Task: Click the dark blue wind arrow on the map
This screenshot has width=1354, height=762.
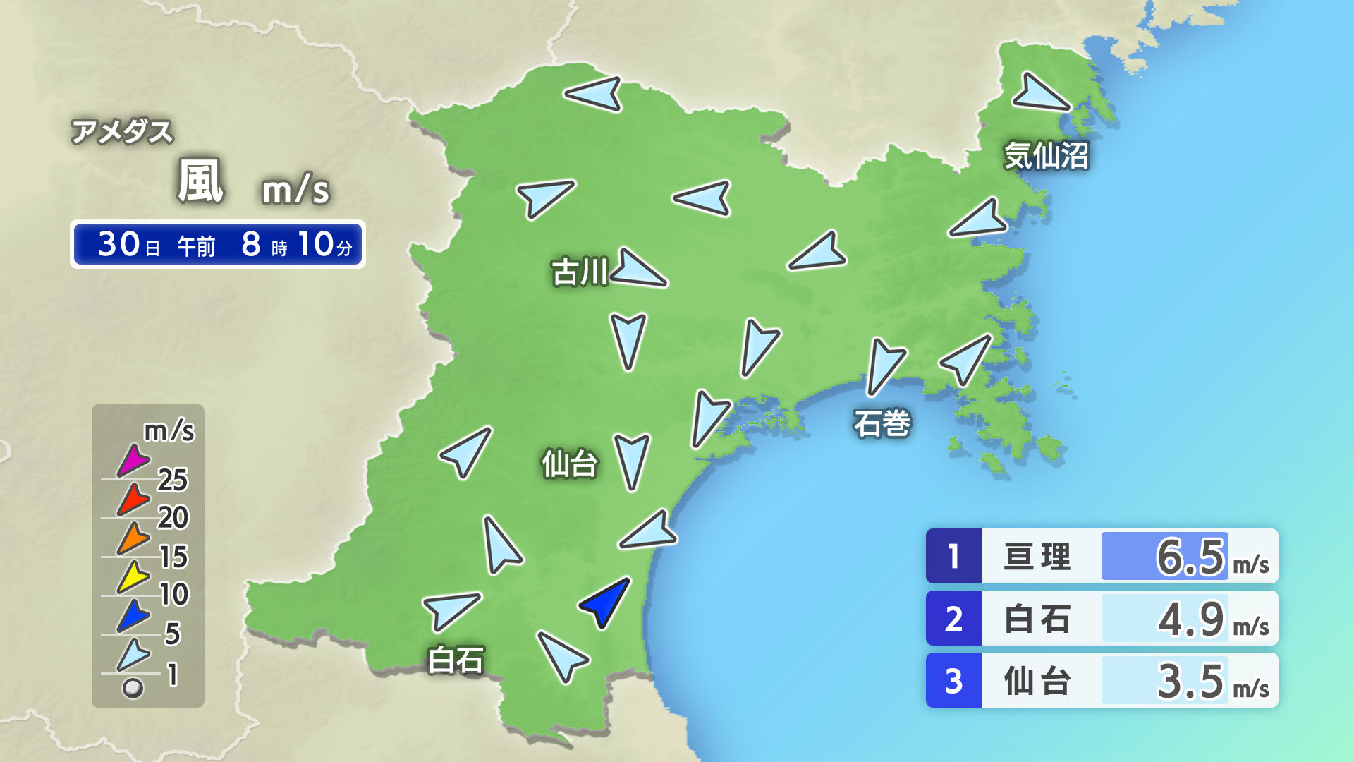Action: click(605, 601)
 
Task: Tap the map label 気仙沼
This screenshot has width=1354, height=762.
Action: click(1047, 156)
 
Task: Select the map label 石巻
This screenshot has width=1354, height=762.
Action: click(882, 423)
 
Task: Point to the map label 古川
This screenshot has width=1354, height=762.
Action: click(580, 272)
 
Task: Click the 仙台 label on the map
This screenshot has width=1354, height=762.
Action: click(570, 464)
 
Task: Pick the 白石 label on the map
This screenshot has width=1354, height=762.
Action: click(456, 660)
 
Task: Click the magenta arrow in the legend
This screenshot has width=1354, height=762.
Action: click(133, 461)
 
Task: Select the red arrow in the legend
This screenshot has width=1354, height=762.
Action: click(133, 500)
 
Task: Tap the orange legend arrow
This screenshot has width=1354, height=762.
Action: click(133, 538)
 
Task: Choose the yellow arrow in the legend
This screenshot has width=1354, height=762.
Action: click(133, 577)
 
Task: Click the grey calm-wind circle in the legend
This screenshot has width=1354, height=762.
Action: click(133, 688)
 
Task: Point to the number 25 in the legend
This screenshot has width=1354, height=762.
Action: click(173, 480)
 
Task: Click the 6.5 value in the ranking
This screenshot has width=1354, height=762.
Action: click(1190, 557)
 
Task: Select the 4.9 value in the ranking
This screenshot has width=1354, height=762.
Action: click(1190, 619)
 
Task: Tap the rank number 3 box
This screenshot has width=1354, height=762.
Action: click(953, 681)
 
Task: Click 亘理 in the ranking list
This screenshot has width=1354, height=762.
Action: click(1037, 557)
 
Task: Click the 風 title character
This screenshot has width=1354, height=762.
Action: click(200, 181)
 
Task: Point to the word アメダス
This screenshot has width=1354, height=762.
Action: click(122, 132)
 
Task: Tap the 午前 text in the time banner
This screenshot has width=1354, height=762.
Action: click(196, 246)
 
